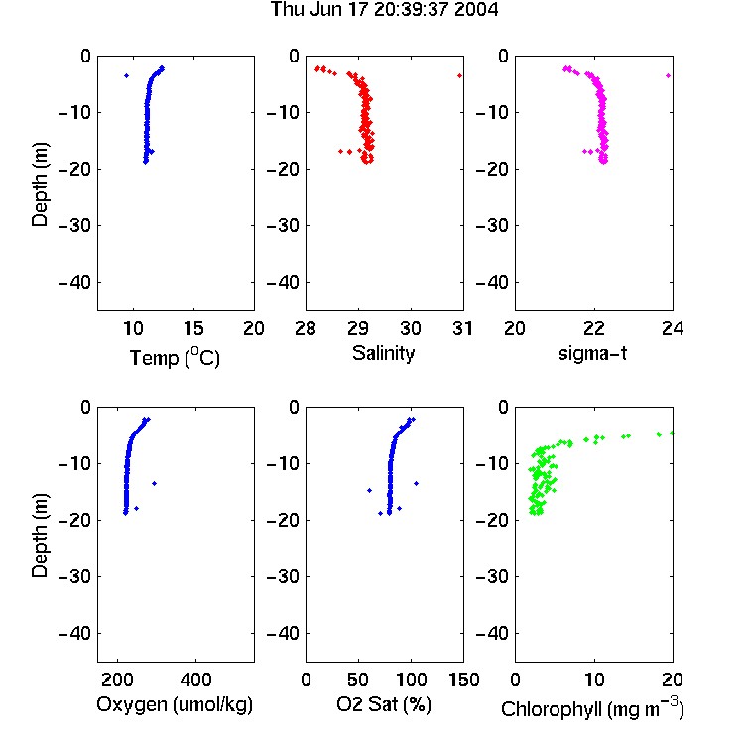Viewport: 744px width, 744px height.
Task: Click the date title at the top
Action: (x=384, y=9)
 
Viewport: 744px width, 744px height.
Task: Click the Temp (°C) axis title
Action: (x=175, y=357)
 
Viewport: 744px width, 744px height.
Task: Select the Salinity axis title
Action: (x=383, y=353)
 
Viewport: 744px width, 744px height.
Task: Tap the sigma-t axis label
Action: (x=592, y=353)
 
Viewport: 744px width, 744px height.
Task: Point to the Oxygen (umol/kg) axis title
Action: (x=175, y=705)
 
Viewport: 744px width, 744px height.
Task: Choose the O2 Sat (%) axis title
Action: (x=383, y=704)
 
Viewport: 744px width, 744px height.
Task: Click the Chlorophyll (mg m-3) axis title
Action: (x=592, y=708)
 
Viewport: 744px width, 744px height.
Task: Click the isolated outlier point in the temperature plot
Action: (x=126, y=76)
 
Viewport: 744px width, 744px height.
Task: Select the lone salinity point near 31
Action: (x=459, y=76)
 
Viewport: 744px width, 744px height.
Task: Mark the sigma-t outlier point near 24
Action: (x=668, y=76)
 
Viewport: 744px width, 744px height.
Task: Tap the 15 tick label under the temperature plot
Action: (x=193, y=328)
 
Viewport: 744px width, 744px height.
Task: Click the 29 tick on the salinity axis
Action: (x=358, y=328)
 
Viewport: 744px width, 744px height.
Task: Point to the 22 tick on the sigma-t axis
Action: (x=593, y=328)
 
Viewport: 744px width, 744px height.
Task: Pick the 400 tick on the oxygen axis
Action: (x=195, y=680)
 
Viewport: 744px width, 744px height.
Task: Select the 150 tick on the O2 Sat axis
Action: (x=463, y=680)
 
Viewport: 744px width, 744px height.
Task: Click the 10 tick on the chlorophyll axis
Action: (x=594, y=680)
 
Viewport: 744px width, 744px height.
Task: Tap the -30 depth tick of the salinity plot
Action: (x=284, y=226)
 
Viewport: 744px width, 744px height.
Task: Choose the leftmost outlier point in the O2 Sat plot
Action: (x=370, y=491)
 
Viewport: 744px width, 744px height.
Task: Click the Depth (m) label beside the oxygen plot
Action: (x=40, y=536)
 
